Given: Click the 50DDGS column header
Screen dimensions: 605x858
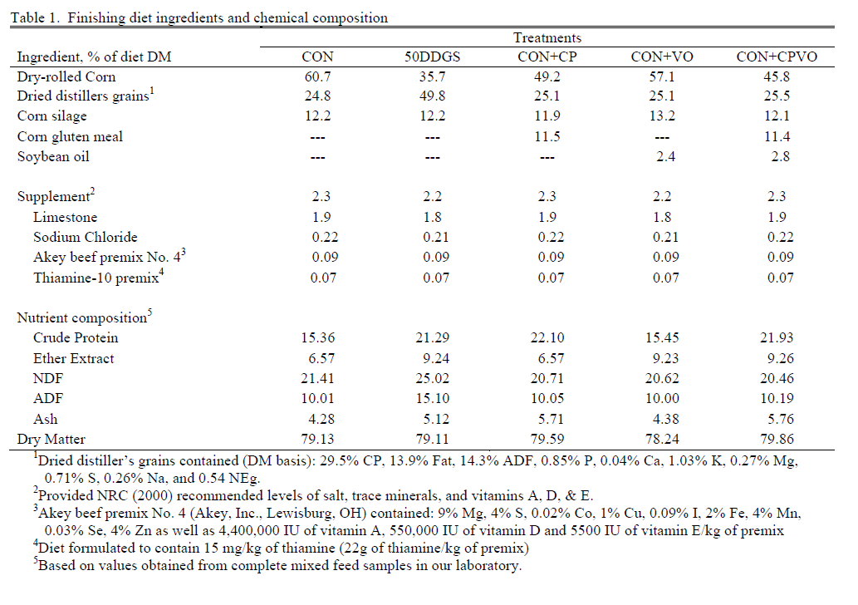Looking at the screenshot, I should pos(432,57).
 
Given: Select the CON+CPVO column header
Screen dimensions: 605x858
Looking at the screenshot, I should pos(777,57).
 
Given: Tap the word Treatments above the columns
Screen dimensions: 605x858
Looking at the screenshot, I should pos(547,37).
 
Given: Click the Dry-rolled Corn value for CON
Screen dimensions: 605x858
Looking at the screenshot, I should pos(323,76).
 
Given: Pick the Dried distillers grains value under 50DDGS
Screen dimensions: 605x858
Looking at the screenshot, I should pos(432,96).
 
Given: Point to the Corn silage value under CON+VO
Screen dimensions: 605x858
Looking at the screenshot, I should pos(656,116).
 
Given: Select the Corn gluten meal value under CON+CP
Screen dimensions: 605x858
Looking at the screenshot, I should pos(547,136).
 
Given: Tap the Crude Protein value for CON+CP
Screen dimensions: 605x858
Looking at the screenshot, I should pos(547,337).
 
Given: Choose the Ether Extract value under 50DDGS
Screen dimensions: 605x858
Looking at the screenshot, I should pos(432,358).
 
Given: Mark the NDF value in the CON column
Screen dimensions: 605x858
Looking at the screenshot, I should pos(323,378).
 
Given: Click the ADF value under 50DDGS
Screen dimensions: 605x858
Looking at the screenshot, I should pos(432,398).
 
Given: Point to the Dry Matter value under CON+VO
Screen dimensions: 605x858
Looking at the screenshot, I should pos(656,439).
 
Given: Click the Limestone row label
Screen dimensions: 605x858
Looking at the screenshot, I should pos(63,217).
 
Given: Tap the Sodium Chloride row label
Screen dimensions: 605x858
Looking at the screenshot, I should pos(86,237).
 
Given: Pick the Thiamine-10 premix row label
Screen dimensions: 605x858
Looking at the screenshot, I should pos(96,278).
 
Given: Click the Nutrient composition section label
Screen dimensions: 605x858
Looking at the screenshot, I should pos(81,318).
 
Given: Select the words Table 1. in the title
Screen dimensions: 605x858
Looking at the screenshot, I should pos(34,17).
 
